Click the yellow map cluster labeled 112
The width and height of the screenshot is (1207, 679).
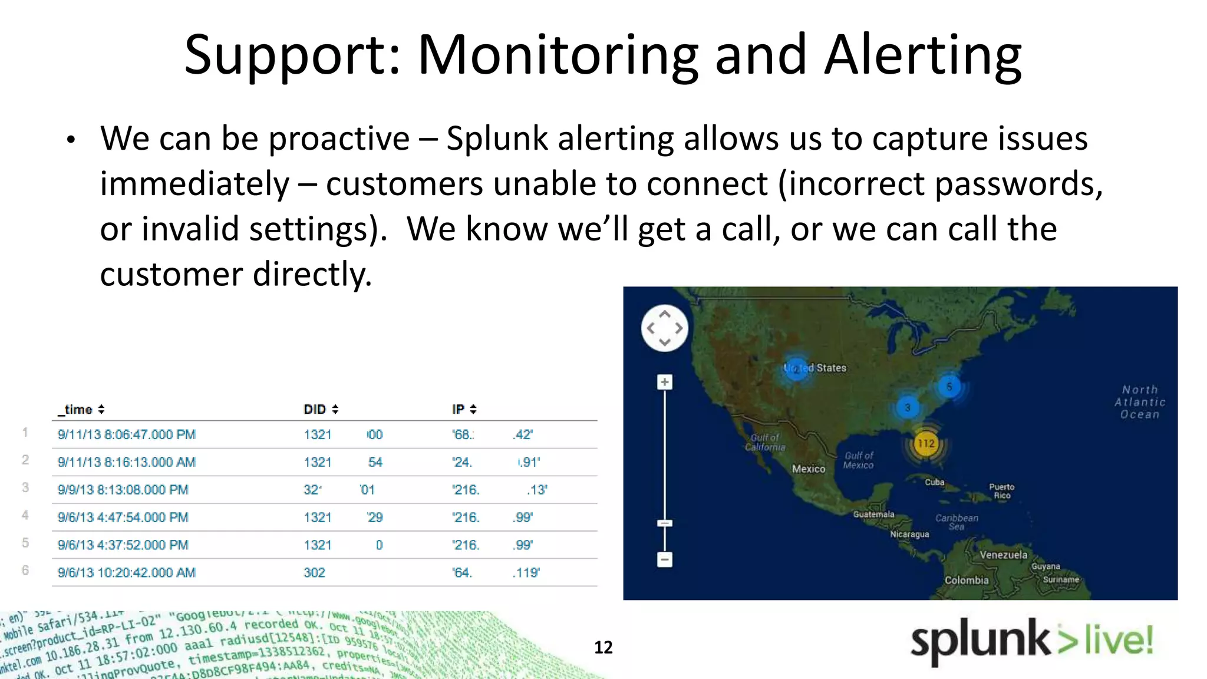pyautogui.click(x=926, y=443)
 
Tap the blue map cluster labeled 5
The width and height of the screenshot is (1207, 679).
pyautogui.click(x=949, y=387)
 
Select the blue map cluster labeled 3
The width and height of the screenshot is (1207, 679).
pyautogui.click(x=908, y=407)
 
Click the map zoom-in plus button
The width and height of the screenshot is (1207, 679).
pyautogui.click(x=665, y=382)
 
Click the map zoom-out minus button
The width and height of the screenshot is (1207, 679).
pyautogui.click(x=665, y=559)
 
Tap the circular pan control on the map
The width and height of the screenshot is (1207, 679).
pyautogui.click(x=665, y=328)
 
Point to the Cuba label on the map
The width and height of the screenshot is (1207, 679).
pyautogui.click(x=934, y=482)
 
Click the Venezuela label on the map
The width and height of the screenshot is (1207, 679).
pyautogui.click(x=1003, y=555)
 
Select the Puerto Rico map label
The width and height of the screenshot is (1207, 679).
pyautogui.click(x=1001, y=491)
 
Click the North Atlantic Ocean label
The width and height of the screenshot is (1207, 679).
pyautogui.click(x=1140, y=402)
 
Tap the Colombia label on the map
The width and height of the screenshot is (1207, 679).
pyautogui.click(x=967, y=580)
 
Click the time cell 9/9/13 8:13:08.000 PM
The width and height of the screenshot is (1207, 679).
pyautogui.click(x=123, y=490)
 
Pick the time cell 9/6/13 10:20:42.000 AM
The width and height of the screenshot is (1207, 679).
pyautogui.click(x=127, y=572)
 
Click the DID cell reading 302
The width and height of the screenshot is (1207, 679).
pyautogui.click(x=314, y=572)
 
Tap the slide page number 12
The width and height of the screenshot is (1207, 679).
pyautogui.click(x=603, y=647)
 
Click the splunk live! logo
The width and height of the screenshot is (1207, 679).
pyautogui.click(x=1031, y=641)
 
